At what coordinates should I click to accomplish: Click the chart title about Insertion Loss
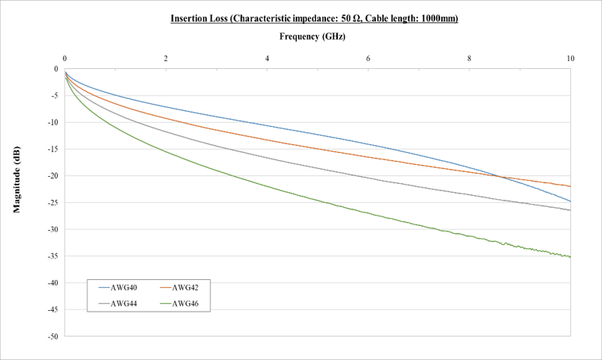click(x=314, y=18)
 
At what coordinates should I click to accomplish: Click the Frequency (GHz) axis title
click(x=313, y=36)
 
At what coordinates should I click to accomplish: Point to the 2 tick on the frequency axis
click(x=166, y=59)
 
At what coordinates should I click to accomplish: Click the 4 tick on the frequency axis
click(x=267, y=59)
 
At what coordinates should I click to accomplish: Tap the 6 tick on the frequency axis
click(x=368, y=59)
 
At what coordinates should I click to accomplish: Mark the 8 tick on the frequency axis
click(x=470, y=59)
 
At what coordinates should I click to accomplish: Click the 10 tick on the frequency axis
click(x=569, y=59)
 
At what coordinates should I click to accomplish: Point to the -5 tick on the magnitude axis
click(x=53, y=96)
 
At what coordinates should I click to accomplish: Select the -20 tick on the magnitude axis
click(x=52, y=176)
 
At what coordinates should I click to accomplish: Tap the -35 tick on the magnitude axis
click(x=52, y=256)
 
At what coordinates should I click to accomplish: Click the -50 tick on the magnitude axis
click(x=52, y=336)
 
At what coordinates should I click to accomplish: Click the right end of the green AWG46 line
click(x=570, y=257)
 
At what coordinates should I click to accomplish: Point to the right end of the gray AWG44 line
click(x=570, y=210)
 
